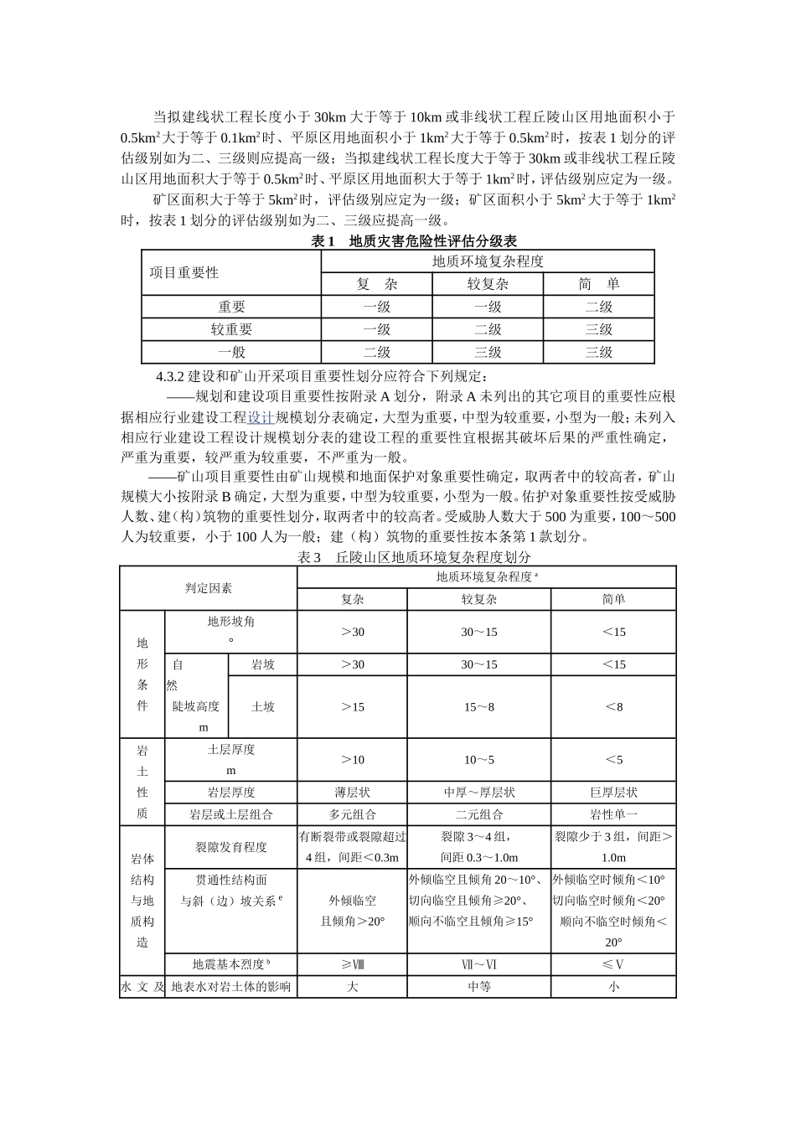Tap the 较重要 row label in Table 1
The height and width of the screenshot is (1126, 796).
click(231, 329)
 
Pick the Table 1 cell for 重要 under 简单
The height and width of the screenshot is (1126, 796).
click(598, 307)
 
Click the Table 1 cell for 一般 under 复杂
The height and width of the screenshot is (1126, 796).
click(376, 352)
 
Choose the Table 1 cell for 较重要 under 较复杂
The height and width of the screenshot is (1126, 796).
click(488, 329)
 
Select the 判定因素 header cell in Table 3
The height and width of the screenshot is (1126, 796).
click(209, 588)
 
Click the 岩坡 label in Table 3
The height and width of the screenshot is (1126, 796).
click(263, 664)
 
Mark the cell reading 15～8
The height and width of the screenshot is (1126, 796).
click(479, 706)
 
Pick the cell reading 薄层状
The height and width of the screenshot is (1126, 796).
click(353, 792)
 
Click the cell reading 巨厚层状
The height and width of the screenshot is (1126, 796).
click(613, 792)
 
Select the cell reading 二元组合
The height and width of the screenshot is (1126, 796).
click(479, 814)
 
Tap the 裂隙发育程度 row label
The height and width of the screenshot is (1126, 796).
click(231, 847)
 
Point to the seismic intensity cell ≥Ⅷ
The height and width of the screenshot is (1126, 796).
click(353, 964)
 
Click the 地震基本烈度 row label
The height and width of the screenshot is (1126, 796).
click(231, 964)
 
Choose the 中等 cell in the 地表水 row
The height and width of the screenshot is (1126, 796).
click(479, 987)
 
